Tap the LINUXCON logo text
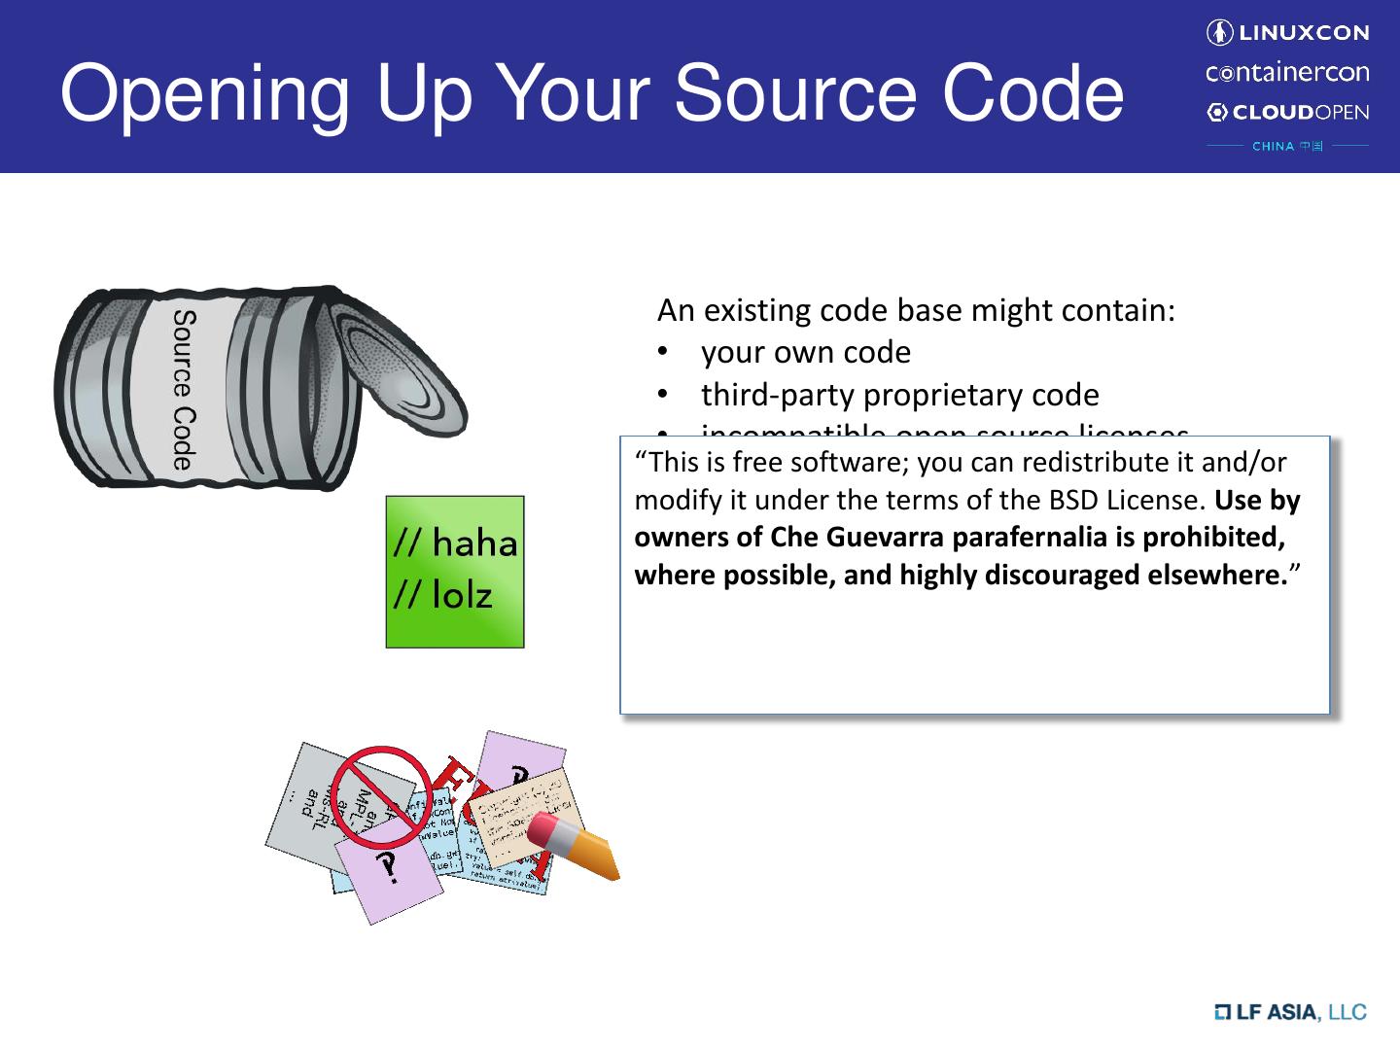1299,33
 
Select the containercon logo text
1287,73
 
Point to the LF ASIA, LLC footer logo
1290,1012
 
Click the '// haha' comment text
455,542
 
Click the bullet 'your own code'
805,352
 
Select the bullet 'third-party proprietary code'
899,395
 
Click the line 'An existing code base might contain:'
916,310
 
